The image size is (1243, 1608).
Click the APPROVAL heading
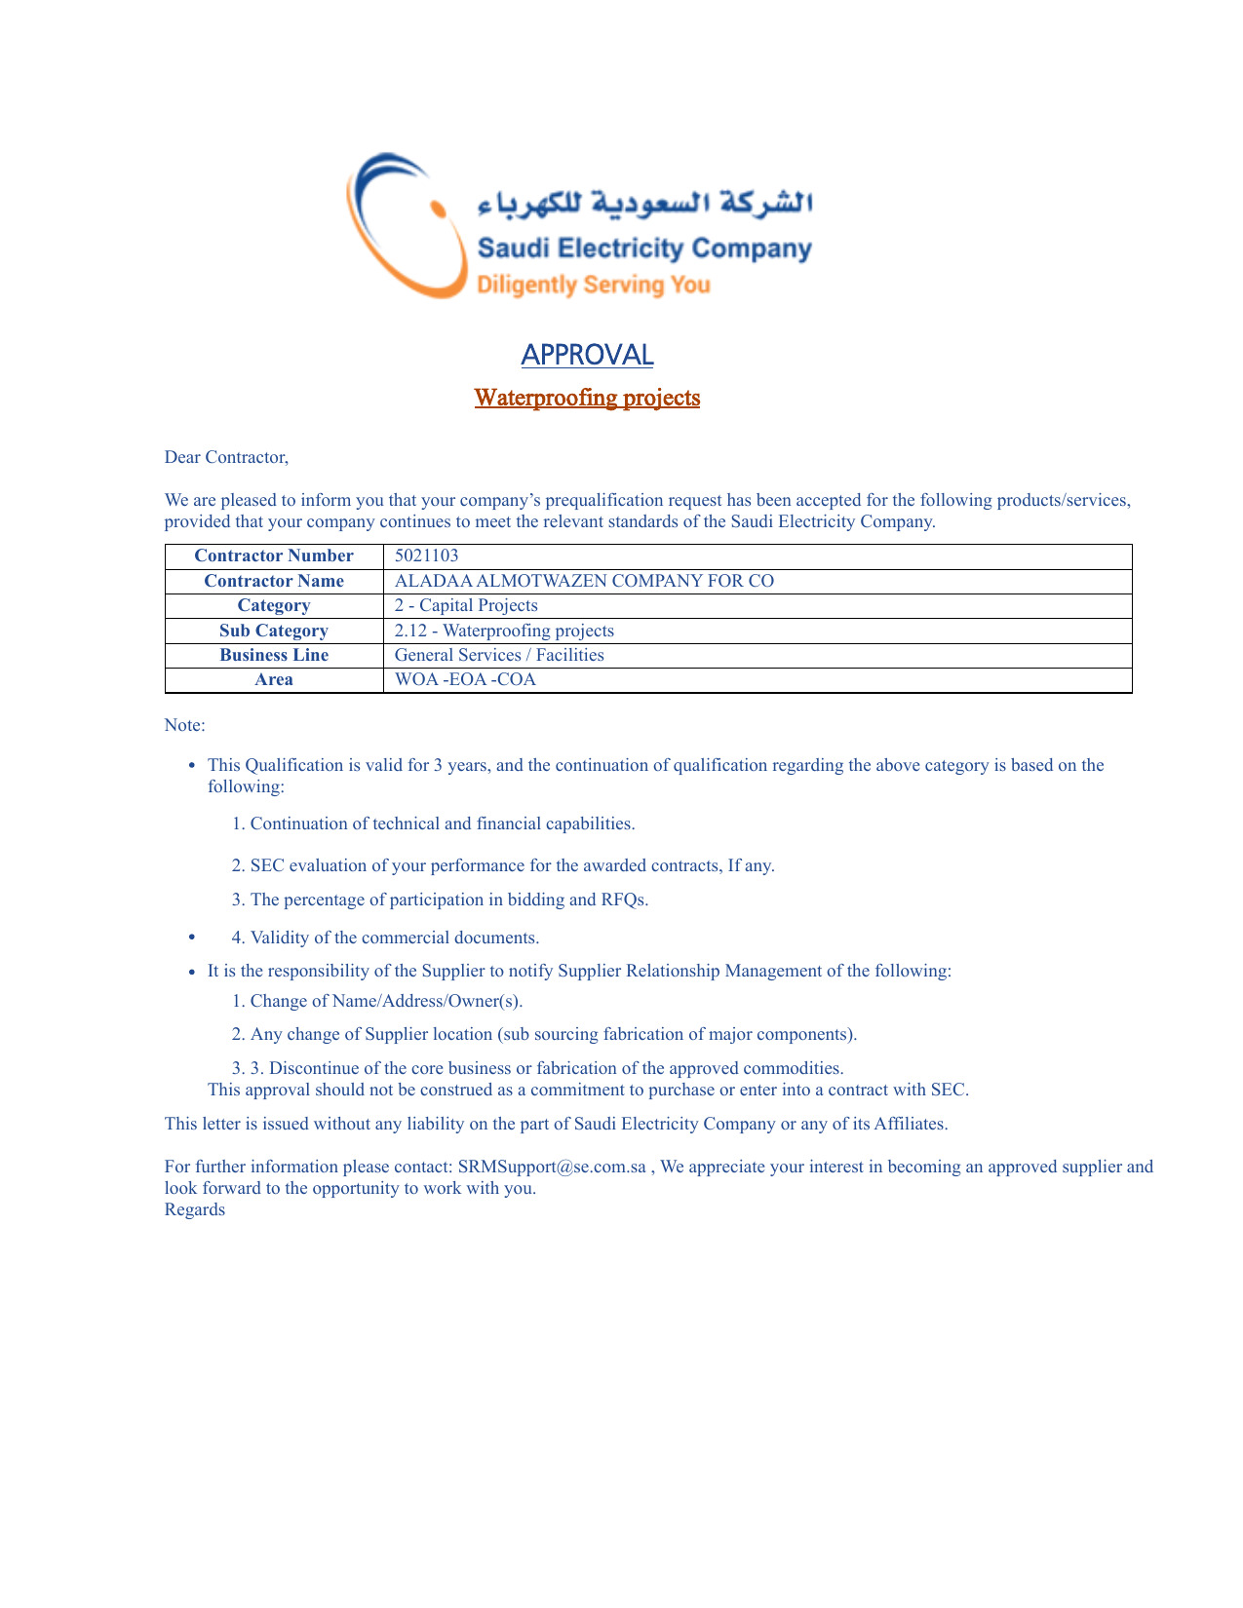587,355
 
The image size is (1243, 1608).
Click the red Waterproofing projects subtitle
587,398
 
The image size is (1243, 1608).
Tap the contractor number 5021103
426,555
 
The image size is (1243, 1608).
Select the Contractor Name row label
274,581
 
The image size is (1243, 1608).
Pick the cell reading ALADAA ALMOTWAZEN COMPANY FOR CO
584,581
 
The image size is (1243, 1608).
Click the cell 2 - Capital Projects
466,605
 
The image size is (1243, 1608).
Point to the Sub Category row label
274,631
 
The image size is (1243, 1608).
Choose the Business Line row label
274,655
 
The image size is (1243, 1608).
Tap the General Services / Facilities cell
499,655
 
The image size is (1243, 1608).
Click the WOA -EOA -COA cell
465,679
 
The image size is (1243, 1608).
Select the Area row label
274,679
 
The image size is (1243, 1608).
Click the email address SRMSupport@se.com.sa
552,1167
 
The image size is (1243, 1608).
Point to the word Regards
195,1209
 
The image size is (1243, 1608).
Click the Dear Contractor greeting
226,457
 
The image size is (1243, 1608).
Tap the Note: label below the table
185,725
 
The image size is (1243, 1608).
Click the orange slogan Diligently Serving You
593,286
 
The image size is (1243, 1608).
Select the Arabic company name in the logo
644,203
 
